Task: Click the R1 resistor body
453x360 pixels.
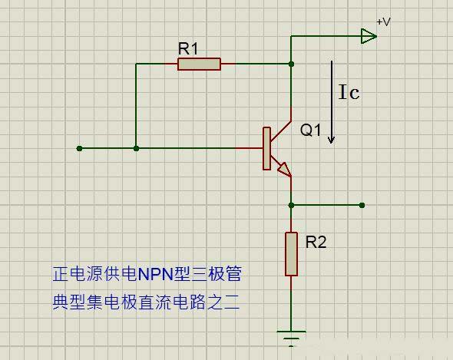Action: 199,64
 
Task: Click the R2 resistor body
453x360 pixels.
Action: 291,253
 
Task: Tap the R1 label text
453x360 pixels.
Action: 188,48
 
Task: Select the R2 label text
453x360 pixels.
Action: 316,243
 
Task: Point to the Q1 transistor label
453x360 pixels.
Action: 310,130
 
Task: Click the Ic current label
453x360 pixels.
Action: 349,93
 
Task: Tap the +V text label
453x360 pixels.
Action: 383,22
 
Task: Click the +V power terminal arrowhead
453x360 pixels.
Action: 369,35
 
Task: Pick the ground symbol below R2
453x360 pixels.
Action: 291,337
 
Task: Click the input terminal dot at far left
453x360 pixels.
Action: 79,148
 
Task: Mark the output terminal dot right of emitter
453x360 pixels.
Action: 362,205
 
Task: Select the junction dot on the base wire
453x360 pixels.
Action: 136,148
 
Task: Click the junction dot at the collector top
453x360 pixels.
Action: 291,64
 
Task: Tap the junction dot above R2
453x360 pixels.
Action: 291,205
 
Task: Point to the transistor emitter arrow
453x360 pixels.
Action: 283,169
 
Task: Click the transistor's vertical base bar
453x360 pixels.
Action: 266,148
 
